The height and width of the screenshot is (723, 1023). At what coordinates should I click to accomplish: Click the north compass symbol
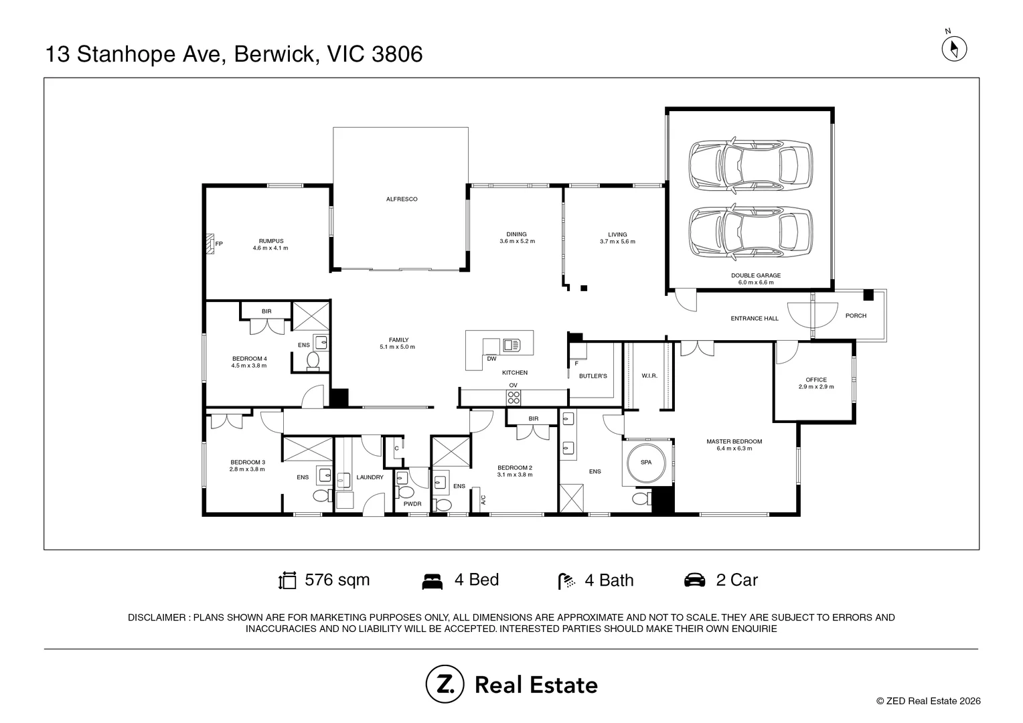[x=954, y=48]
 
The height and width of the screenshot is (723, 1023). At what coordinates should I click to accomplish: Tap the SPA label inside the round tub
[x=646, y=462]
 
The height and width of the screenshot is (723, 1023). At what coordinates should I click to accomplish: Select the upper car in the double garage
[x=751, y=165]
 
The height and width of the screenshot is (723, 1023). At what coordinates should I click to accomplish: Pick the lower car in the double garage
[x=751, y=232]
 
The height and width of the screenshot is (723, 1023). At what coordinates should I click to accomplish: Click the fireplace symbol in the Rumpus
[x=210, y=244]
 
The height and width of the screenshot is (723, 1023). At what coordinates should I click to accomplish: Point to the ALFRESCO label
[x=402, y=199]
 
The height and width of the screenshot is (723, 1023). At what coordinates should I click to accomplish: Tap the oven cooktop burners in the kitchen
[x=514, y=398]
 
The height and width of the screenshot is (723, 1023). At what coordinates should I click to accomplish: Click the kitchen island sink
[x=511, y=345]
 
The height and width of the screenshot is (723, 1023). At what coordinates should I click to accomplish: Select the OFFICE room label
[x=816, y=380]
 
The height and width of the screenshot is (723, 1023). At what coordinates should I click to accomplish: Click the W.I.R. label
[x=649, y=376]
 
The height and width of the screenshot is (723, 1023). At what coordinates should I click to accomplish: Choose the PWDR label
[x=412, y=504]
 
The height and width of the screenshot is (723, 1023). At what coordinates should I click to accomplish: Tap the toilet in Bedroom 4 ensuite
[x=313, y=360]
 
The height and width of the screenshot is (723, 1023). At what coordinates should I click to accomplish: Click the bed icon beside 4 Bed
[x=432, y=582]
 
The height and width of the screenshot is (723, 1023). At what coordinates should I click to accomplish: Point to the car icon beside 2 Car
[x=694, y=580]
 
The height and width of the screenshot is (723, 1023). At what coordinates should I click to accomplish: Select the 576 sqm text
[x=337, y=580]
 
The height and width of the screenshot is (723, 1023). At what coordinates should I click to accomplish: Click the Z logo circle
[x=445, y=684]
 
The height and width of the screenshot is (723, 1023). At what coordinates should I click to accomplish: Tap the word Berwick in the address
[x=277, y=54]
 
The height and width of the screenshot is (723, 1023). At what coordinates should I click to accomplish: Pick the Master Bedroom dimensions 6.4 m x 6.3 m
[x=734, y=449]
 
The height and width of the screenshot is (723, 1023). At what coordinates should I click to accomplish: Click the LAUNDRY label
[x=370, y=477]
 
